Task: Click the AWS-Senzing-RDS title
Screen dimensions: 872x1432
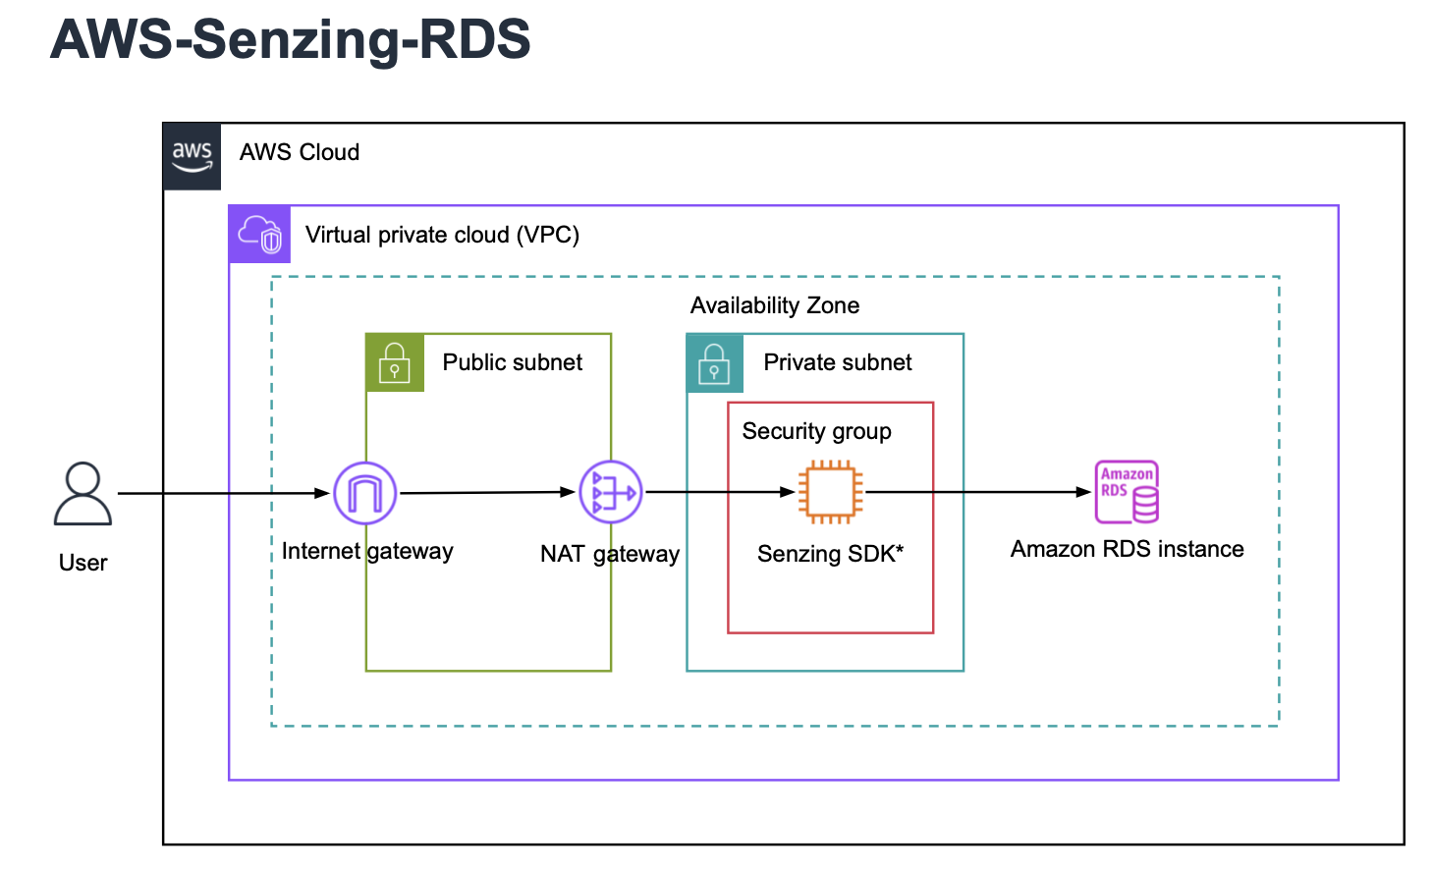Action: click(x=291, y=39)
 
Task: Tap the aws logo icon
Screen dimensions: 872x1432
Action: click(x=193, y=156)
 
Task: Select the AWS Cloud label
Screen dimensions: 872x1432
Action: click(x=300, y=152)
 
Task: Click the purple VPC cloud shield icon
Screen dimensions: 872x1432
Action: click(x=260, y=235)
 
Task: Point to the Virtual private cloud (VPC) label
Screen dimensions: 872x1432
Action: click(x=442, y=235)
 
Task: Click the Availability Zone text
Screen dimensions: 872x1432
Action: click(x=774, y=305)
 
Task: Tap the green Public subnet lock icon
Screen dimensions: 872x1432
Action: click(x=395, y=362)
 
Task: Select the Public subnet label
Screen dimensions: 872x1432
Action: click(x=512, y=362)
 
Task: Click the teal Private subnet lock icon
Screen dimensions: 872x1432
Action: click(x=714, y=362)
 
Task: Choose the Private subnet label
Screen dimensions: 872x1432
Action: click(x=837, y=362)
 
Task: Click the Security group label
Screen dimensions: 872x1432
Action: click(x=816, y=431)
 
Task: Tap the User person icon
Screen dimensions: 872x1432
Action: click(x=83, y=494)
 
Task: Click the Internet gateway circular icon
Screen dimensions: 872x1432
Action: click(x=365, y=493)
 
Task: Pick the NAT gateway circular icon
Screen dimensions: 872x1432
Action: click(x=610, y=492)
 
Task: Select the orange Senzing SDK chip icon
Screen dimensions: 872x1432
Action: click(x=830, y=492)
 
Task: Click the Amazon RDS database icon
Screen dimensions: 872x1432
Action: click(x=1127, y=492)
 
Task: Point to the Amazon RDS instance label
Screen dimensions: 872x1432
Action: click(x=1127, y=549)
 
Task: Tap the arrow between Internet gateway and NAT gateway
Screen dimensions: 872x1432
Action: click(x=486, y=492)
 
